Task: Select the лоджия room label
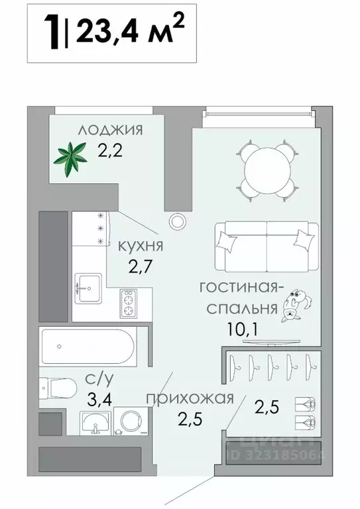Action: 110,130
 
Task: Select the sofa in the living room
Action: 265,239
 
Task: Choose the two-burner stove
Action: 128,305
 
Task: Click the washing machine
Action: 130,422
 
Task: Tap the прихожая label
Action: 190,398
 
